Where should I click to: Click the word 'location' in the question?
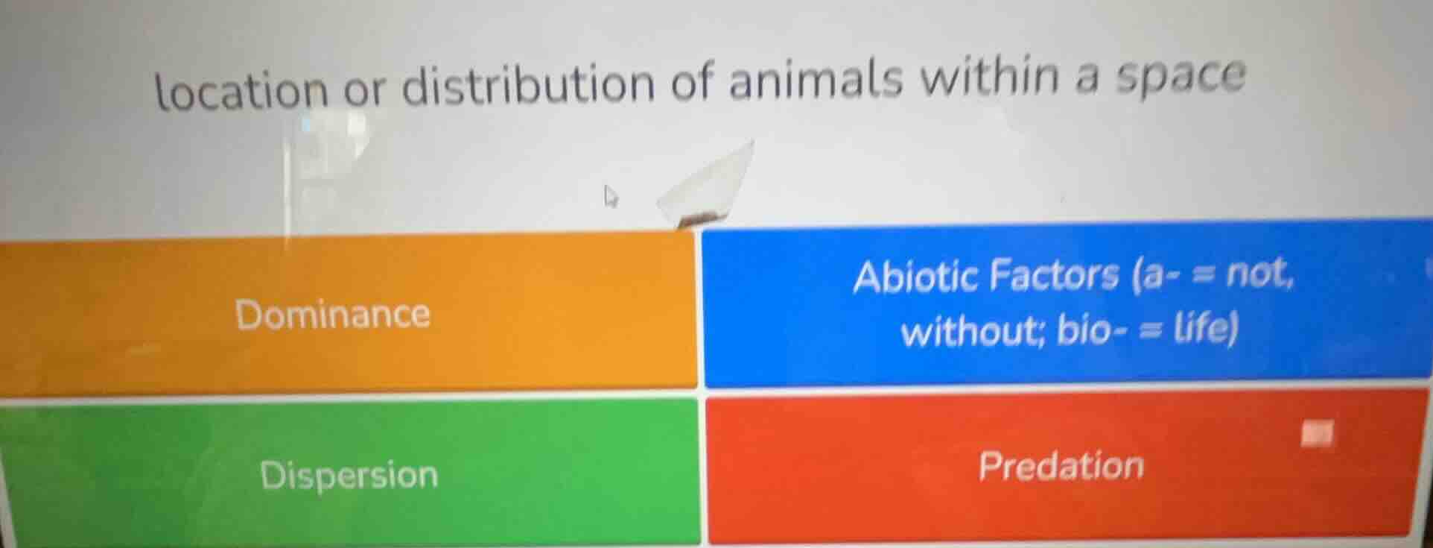click(241, 90)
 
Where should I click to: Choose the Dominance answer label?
click(332, 314)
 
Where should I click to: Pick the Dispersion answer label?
click(349, 475)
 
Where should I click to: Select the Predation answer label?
click(1061, 466)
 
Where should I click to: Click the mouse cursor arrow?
click(611, 196)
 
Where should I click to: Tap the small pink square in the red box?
click(1317, 433)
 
